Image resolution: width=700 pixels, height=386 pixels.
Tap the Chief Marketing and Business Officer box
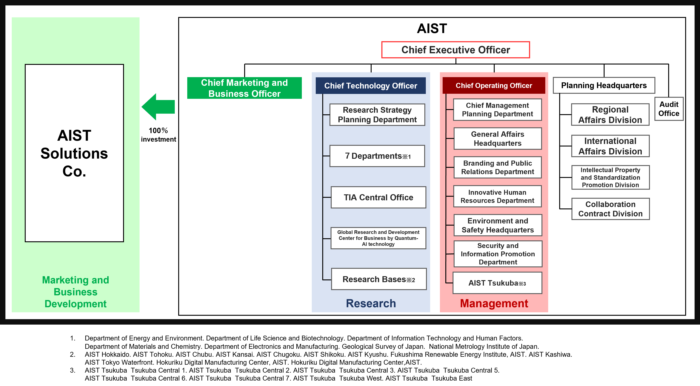click(244, 88)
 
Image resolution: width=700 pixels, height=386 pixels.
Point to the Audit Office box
click(669, 109)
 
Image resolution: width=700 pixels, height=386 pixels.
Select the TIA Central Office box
click(378, 197)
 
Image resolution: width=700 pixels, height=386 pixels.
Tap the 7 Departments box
click(377, 156)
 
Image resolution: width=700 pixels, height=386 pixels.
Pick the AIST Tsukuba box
click(497, 283)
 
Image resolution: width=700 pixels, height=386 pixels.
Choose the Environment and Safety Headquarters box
click(498, 225)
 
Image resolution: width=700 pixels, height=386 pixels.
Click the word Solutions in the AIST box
click(74, 154)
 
